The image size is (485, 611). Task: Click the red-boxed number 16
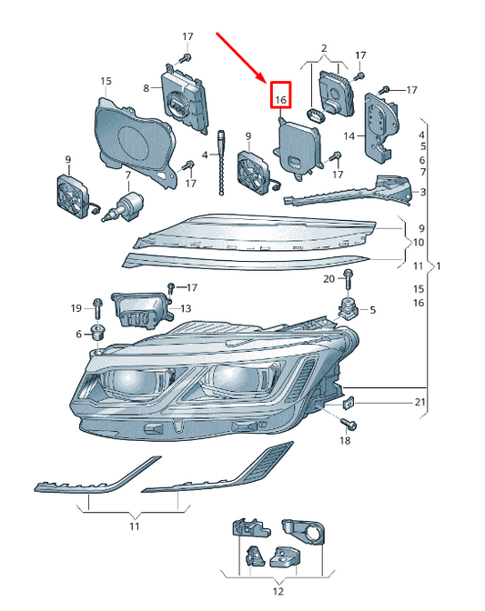tap(280, 98)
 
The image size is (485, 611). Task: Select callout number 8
tap(145, 87)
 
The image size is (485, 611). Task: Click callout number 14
tap(349, 136)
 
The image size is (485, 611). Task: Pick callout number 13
tap(185, 308)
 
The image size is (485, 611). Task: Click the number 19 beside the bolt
tap(77, 308)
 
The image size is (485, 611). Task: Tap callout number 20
tap(328, 278)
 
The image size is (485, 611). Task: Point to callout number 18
tap(344, 440)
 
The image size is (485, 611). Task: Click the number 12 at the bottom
tap(278, 591)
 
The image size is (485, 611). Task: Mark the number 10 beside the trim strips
tap(419, 243)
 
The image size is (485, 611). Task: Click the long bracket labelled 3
tap(346, 193)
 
